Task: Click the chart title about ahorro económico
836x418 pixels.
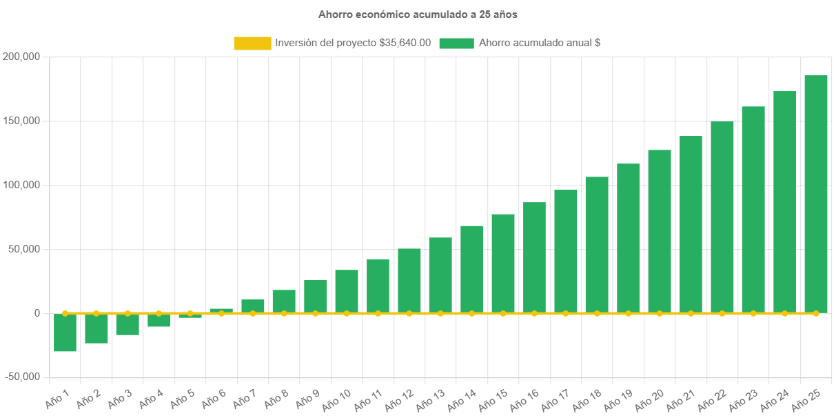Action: point(418,14)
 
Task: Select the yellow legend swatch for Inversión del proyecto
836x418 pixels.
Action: point(252,43)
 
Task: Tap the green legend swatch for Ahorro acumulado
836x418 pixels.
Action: point(456,43)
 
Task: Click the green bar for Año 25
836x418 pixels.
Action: point(815,193)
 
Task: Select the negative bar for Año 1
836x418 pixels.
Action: point(65,332)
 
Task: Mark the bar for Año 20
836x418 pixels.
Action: point(660,231)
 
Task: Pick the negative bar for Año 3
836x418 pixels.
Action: point(128,324)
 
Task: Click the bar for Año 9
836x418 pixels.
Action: point(315,296)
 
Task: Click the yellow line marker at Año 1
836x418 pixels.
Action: point(65,313)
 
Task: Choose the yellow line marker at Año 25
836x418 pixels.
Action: point(815,313)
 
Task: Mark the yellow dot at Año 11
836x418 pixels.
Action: point(378,313)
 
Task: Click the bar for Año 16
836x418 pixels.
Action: point(534,257)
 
